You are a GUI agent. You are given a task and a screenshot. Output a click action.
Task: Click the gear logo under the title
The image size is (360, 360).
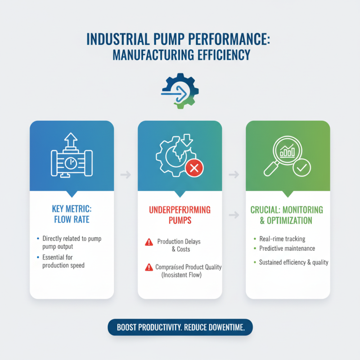tap(180, 91)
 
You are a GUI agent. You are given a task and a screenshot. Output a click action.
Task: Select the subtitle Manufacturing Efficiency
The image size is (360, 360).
tap(180, 55)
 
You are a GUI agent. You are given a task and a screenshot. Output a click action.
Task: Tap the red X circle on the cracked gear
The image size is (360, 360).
tap(194, 169)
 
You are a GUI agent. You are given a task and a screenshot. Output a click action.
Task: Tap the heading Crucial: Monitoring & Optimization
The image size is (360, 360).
tap(287, 215)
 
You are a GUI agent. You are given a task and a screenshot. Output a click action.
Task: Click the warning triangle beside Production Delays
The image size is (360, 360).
tap(149, 242)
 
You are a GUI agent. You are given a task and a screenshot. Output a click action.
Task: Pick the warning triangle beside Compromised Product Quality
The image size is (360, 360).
tap(149, 267)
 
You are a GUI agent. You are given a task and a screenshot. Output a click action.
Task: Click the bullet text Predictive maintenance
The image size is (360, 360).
tap(287, 248)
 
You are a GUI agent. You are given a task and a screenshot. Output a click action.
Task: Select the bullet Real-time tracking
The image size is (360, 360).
tap(282, 239)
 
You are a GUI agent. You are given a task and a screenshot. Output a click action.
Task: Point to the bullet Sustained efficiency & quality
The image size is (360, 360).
tap(293, 262)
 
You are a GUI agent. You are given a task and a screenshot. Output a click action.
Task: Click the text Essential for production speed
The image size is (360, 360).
tap(63, 261)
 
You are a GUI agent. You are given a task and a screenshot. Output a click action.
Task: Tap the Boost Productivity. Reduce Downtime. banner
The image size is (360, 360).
tap(180, 328)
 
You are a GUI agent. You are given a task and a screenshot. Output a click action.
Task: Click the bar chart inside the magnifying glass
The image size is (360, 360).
tap(287, 152)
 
